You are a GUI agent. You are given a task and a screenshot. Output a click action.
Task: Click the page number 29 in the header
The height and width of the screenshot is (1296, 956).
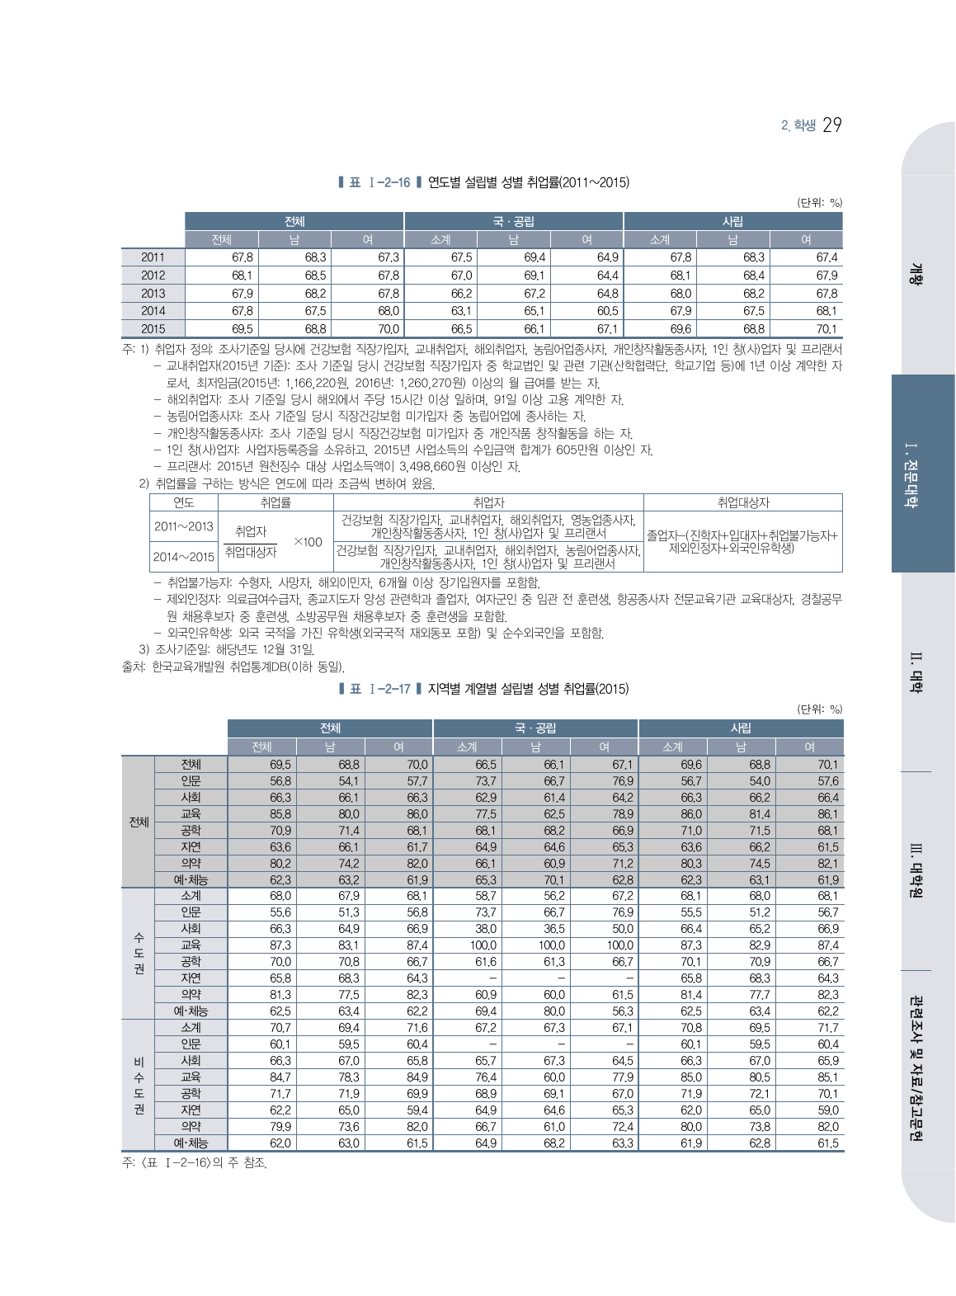(831, 125)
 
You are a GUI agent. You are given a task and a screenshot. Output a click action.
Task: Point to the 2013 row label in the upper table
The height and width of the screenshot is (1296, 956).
(153, 293)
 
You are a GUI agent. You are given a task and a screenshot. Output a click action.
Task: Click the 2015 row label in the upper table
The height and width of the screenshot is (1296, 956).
(153, 328)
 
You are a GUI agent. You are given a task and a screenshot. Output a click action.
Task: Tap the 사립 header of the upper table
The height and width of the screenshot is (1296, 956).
(732, 221)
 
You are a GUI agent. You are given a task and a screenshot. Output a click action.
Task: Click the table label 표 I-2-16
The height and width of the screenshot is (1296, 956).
(379, 182)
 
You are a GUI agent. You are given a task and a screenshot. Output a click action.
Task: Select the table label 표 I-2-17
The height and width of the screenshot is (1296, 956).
(379, 689)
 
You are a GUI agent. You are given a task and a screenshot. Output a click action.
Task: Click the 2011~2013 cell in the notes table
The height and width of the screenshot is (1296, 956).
(183, 525)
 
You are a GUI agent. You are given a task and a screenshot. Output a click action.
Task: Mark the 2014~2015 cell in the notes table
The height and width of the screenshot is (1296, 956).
(183, 557)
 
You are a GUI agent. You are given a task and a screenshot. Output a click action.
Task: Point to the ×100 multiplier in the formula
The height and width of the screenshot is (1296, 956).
(308, 542)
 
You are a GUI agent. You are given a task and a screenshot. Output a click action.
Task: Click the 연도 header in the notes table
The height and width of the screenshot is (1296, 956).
(183, 502)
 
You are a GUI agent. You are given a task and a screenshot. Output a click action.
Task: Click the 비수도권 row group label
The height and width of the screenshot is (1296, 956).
(139, 1085)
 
